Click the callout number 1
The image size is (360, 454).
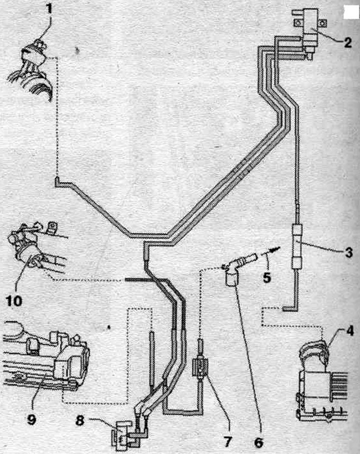pyautogui.click(x=49, y=9)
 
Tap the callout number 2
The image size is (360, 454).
pyautogui.click(x=347, y=43)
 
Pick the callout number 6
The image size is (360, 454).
pyautogui.click(x=258, y=442)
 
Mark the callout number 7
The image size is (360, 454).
pyautogui.click(x=228, y=441)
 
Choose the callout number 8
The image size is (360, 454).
pyautogui.click(x=80, y=420)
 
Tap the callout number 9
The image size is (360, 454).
pyautogui.click(x=31, y=419)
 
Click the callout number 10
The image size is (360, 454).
pyautogui.click(x=14, y=301)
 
